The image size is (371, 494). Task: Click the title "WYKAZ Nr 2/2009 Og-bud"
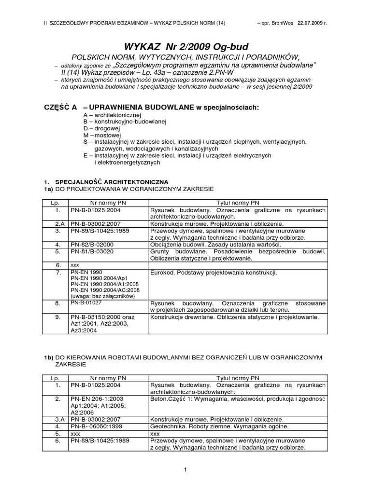tap(186, 47)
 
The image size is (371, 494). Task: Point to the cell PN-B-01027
tap(86, 302)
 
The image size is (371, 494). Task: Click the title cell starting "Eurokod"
tap(214, 273)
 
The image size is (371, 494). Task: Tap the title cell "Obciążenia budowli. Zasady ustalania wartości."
tap(210, 245)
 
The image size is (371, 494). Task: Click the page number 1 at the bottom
tap(185, 469)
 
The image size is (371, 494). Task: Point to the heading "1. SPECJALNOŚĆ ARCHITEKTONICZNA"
tap(106, 181)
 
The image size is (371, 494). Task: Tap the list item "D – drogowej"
tap(101, 129)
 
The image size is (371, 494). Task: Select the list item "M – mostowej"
tap(102, 136)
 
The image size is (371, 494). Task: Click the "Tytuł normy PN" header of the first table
tap(237, 203)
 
